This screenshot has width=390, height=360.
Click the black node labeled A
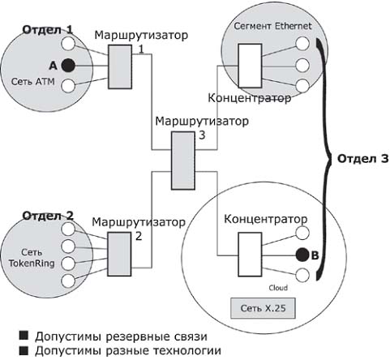68,66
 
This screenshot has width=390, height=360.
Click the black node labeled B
302,255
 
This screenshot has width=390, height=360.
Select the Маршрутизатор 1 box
120,66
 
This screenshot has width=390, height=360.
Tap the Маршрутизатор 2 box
119,254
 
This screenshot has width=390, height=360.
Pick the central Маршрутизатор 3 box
183,161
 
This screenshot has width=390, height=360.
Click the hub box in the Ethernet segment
250,66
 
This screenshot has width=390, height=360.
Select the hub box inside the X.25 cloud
250,255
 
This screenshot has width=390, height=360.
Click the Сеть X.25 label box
263,308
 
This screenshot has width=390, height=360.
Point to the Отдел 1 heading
48,30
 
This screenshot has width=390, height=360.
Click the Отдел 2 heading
48,216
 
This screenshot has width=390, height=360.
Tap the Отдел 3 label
363,159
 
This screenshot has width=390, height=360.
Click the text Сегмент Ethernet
272,26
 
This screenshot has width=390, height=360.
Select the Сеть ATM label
33,81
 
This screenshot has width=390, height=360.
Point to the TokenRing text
32,264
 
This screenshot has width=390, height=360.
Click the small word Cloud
278,288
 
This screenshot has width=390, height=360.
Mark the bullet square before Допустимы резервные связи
24,336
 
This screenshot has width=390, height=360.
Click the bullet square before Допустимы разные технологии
24,350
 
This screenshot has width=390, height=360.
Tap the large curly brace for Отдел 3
324,160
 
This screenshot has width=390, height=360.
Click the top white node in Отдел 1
68,44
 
